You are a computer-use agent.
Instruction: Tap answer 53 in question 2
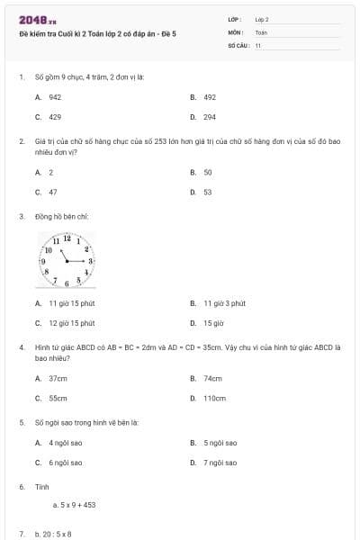(x=208, y=192)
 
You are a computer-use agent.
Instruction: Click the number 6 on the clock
(x=67, y=282)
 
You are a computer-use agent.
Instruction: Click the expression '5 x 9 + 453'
(x=76, y=505)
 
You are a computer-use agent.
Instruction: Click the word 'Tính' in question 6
(x=41, y=486)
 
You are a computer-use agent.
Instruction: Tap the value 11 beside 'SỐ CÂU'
(x=258, y=45)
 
